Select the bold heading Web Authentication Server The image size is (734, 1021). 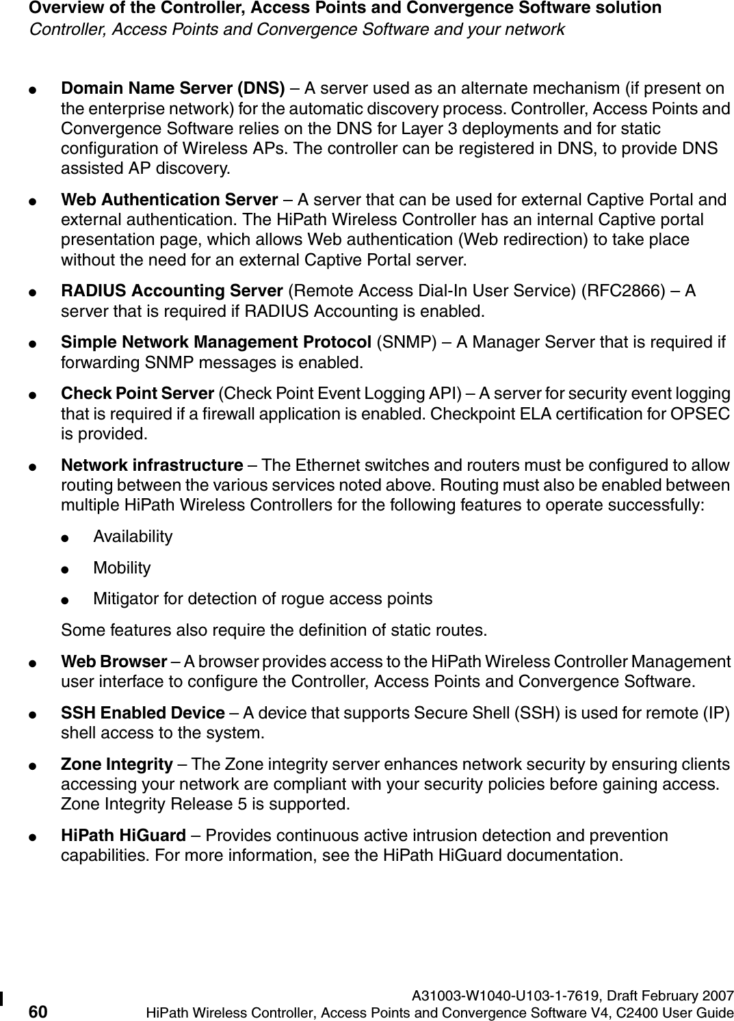tap(169, 200)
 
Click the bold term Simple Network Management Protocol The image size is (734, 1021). tap(217, 341)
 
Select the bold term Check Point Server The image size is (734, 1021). tap(137, 394)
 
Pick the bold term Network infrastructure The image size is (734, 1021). tap(152, 466)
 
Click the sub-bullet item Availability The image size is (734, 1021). tap(133, 537)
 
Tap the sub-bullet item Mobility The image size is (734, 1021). tap(122, 568)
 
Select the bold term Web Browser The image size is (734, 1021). tap(114, 662)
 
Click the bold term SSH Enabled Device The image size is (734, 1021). tap(143, 713)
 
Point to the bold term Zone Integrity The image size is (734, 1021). tap(117, 764)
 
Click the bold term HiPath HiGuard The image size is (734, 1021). tap(123, 836)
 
